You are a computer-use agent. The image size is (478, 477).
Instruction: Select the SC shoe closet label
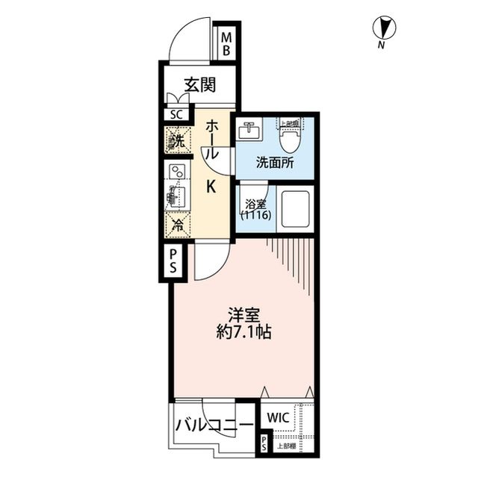coord(176,114)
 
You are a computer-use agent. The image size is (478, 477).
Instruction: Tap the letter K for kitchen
coord(211,187)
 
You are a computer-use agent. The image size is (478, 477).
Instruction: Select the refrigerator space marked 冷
coord(178,222)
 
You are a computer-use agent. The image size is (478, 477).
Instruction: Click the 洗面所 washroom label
coord(273,163)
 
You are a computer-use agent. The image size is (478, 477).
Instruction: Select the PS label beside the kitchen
coord(171,262)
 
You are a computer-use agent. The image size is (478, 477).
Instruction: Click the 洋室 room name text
coord(243,314)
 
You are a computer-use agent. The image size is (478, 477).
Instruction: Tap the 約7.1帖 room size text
coord(243,332)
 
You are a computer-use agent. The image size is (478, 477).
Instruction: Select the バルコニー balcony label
coord(214,426)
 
